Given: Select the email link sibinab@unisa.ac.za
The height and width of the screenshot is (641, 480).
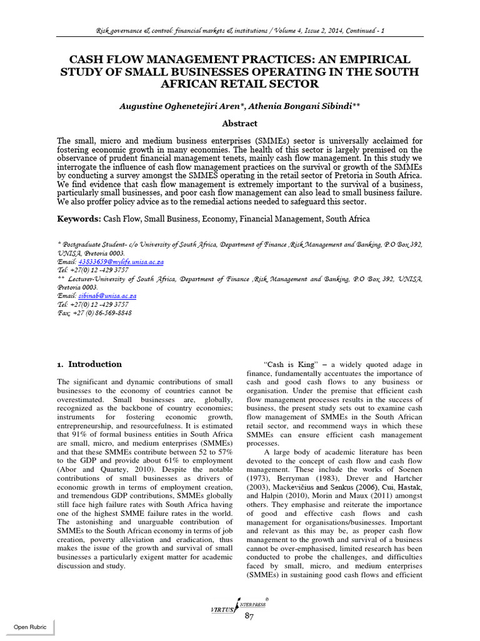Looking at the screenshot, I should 107,295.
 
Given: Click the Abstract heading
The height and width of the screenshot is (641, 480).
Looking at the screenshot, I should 240,123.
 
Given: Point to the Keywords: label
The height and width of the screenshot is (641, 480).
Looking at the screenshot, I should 79,218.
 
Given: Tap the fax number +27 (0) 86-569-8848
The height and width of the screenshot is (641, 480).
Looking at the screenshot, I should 101,312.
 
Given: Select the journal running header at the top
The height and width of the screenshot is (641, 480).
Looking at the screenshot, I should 240,29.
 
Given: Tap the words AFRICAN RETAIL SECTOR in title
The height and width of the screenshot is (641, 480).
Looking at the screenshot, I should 240,84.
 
